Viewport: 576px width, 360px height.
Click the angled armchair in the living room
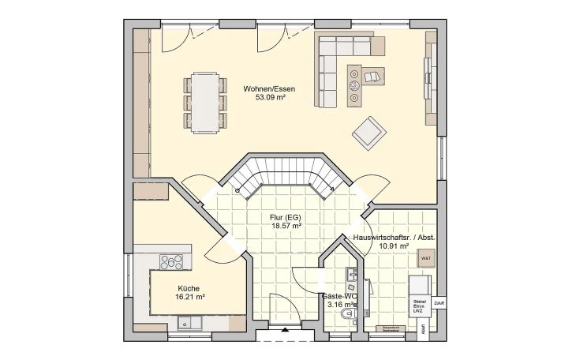(x=368, y=132)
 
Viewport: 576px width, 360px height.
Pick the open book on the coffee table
(x=372, y=76)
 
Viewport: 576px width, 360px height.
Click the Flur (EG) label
(x=264, y=216)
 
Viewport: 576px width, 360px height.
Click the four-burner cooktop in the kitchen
(x=170, y=262)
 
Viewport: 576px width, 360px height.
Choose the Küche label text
(x=189, y=287)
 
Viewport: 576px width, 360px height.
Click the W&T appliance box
(x=425, y=257)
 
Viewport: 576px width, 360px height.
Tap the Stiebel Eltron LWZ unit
(x=419, y=306)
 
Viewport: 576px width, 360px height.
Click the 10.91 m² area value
(x=394, y=246)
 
